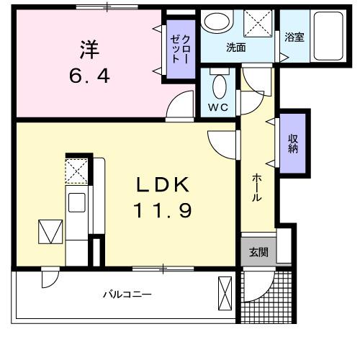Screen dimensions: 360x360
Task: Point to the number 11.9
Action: coord(163,212)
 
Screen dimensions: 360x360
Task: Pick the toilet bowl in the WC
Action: coord(219,86)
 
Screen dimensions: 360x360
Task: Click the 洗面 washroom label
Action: coord(236,48)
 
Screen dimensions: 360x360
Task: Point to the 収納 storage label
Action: coord(293,143)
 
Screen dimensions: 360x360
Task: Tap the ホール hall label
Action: coord(256,189)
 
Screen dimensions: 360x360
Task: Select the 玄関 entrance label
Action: coord(258,252)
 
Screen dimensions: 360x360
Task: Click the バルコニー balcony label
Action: coord(126,294)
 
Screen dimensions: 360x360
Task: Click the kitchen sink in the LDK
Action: coord(76,201)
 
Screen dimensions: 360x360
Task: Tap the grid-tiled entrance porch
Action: coord(266,299)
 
